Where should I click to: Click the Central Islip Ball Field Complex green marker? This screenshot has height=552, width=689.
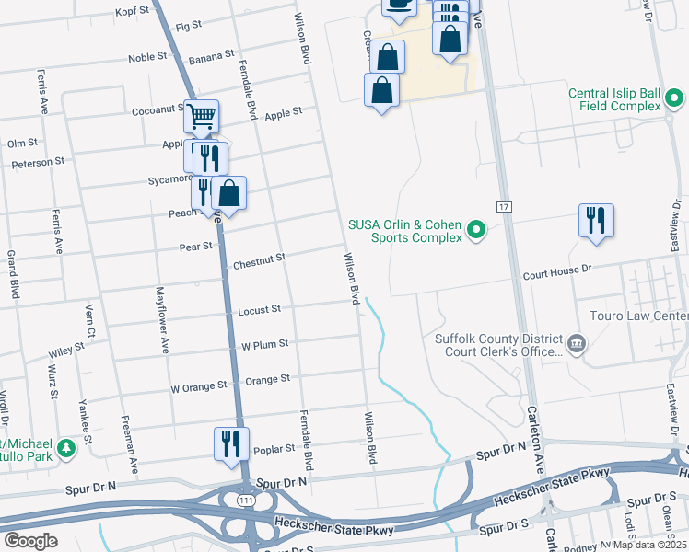(673, 98)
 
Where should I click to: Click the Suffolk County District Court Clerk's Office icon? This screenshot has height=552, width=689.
(577, 344)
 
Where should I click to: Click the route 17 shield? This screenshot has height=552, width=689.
(504, 206)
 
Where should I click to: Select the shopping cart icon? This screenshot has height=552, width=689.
(201, 117)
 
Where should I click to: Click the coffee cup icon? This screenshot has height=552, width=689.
(398, 5)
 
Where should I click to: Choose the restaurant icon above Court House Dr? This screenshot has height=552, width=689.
(596, 221)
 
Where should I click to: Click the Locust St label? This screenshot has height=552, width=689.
(260, 311)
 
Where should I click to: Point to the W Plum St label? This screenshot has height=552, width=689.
(264, 344)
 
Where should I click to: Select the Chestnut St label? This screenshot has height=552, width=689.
(259, 262)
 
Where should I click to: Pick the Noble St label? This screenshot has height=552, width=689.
(147, 56)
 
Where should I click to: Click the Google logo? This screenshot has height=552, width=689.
(31, 540)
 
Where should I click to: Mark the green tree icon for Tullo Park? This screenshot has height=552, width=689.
(66, 449)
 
